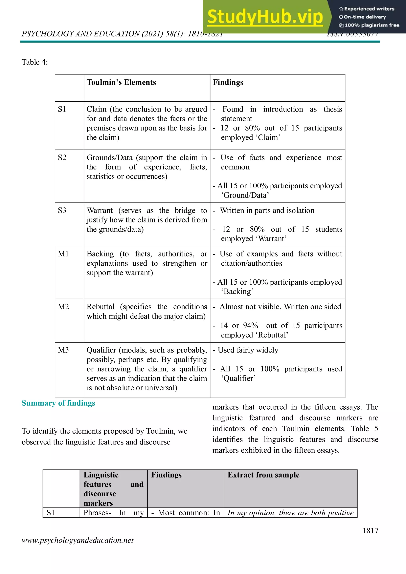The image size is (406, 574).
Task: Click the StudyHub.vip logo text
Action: (265, 17)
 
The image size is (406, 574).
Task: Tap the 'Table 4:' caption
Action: (34, 62)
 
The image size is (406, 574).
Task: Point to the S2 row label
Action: (62, 157)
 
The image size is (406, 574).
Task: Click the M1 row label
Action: (63, 254)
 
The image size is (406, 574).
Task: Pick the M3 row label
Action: (63, 350)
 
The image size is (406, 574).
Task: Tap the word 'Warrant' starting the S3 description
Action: (100, 211)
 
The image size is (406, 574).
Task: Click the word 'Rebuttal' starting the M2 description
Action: (101, 307)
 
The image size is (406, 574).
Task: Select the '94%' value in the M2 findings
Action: (250, 325)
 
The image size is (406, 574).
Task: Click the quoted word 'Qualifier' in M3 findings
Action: (238, 379)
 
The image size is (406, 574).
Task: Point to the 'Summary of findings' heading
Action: (58, 403)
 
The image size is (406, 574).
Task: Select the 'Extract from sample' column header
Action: (263, 475)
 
